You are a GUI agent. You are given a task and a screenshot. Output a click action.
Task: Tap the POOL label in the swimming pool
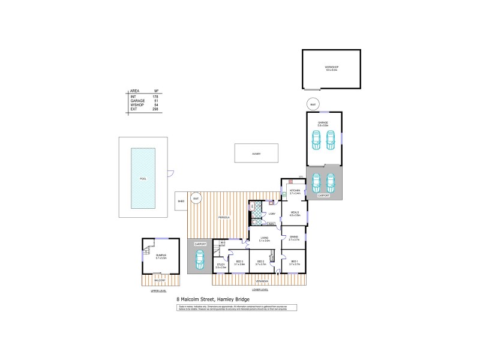pyautogui.click(x=143, y=179)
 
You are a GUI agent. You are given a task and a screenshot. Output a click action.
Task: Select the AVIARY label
pyautogui.click(x=256, y=154)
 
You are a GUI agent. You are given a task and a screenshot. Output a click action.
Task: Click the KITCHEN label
pyautogui.click(x=294, y=191)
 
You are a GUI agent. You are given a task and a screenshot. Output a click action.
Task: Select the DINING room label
pyautogui.click(x=294, y=237)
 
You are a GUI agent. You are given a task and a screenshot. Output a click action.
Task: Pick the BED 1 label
pyautogui.click(x=294, y=262)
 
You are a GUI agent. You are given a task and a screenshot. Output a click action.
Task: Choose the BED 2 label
pyautogui.click(x=260, y=262)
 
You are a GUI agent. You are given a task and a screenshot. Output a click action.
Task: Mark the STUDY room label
pyautogui.click(x=221, y=265)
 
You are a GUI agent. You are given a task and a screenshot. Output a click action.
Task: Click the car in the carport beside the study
pyautogui.click(x=200, y=259)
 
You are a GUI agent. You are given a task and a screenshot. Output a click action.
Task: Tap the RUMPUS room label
pyautogui.click(x=161, y=256)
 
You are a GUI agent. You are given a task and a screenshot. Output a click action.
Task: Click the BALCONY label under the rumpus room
pyautogui.click(x=160, y=280)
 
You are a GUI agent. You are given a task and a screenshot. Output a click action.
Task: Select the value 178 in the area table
pyautogui.click(x=155, y=96)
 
